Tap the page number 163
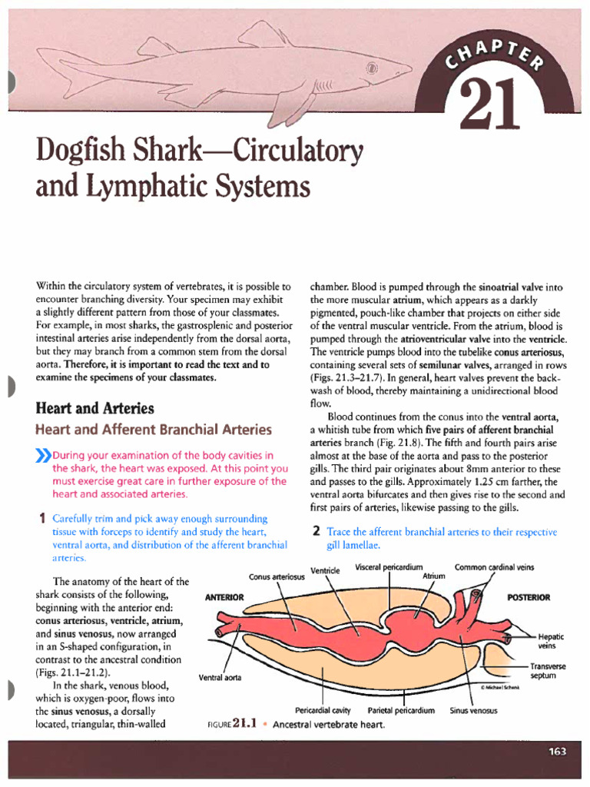tap(557, 752)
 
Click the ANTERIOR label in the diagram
tap(225, 597)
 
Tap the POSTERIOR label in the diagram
tap(529, 597)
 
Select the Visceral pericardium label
tap(390, 567)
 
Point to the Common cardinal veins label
tap(494, 567)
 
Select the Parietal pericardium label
tap(402, 711)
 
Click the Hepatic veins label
tap(551, 641)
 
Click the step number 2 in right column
tap(315, 532)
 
